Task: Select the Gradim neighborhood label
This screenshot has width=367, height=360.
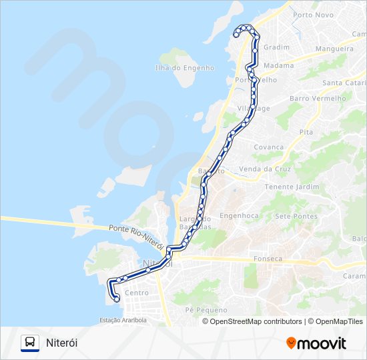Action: (276, 47)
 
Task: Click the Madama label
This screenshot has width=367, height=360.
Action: (278, 65)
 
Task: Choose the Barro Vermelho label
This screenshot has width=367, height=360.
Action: (318, 98)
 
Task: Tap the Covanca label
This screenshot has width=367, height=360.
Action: (269, 147)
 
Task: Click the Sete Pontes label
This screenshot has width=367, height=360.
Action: (296, 216)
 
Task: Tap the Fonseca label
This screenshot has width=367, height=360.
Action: (269, 259)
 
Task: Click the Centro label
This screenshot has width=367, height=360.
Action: (137, 293)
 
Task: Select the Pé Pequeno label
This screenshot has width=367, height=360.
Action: (206, 310)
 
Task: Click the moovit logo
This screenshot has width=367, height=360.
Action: (316, 343)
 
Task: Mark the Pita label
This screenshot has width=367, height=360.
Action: (306, 132)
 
